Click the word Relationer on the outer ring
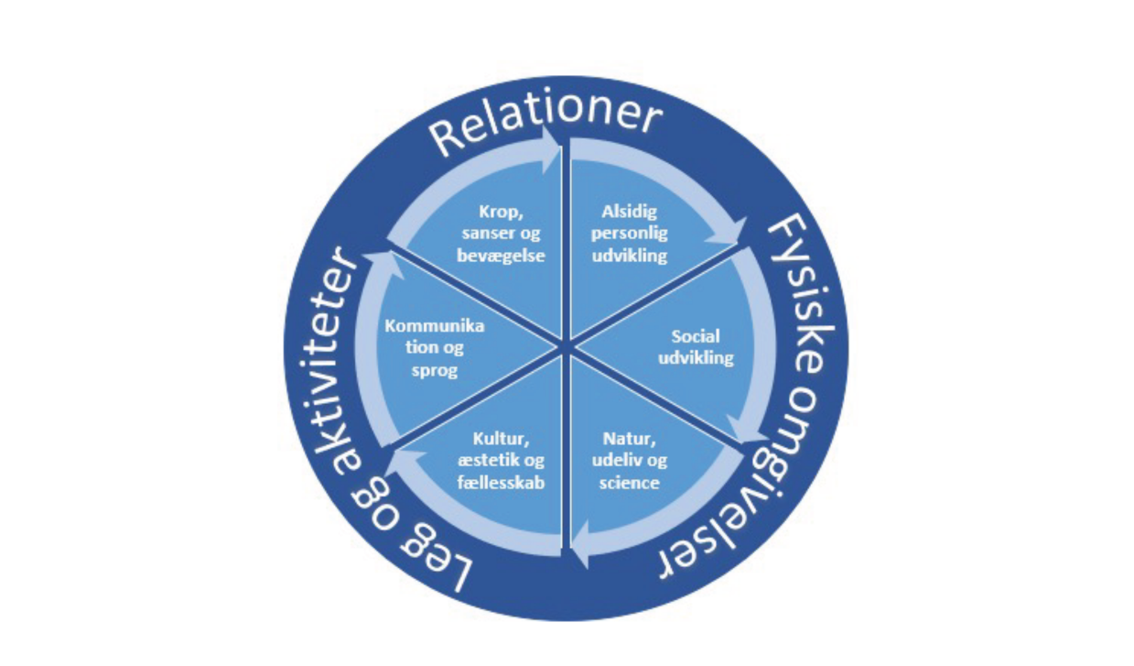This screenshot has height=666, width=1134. (546, 126)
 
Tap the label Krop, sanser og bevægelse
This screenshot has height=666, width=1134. (501, 234)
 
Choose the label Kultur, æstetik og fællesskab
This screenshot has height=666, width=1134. (502, 460)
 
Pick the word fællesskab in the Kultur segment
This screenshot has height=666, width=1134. (502, 482)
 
